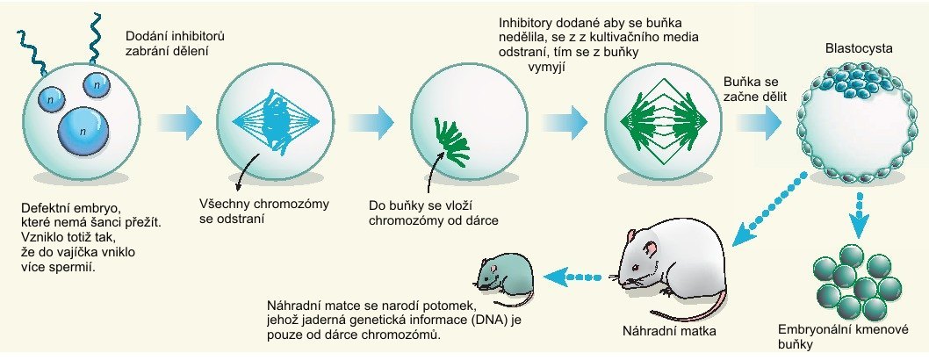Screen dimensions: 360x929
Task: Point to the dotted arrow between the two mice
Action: (x=575, y=278)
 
